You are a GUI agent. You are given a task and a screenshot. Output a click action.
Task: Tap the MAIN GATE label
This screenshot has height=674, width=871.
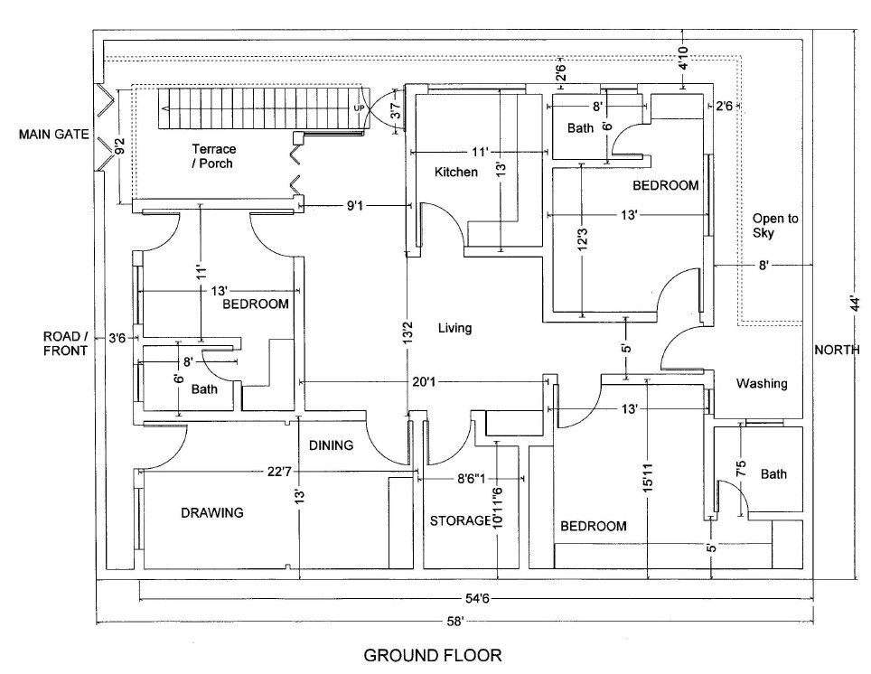click(x=53, y=135)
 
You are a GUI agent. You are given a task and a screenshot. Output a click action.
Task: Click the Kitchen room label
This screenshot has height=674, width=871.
click(x=455, y=172)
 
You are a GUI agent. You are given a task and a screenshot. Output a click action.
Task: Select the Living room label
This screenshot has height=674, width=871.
click(x=454, y=328)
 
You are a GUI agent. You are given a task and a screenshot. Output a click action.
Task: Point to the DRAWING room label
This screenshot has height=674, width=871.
click(x=211, y=512)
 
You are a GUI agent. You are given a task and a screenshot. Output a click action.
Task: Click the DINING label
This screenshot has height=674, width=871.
click(x=331, y=445)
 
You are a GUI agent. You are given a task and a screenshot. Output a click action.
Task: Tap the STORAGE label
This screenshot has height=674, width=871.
click(x=459, y=521)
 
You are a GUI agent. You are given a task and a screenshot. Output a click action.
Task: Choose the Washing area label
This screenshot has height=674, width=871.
click(x=761, y=383)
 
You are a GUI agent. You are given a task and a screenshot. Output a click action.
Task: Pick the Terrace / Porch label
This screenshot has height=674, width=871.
click(x=213, y=155)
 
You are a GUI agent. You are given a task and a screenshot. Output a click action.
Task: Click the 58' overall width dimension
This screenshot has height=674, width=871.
click(x=454, y=621)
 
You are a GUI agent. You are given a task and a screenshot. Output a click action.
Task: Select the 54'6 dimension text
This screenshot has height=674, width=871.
click(x=477, y=597)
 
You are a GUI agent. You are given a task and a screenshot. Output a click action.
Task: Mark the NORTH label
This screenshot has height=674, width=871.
click(x=837, y=350)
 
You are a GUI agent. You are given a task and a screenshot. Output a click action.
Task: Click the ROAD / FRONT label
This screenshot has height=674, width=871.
click(x=66, y=343)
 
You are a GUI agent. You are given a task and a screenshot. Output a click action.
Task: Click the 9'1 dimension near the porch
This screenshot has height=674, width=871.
click(x=356, y=207)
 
